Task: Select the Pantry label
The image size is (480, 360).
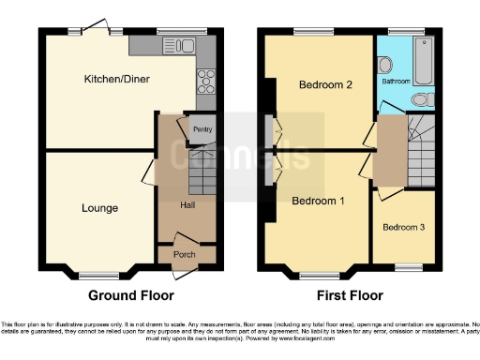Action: point(202,129)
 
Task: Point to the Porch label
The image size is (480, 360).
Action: point(186,252)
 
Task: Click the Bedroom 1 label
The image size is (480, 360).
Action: point(319,201)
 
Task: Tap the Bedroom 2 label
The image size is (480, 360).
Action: point(325,85)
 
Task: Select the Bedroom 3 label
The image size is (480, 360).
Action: point(404,227)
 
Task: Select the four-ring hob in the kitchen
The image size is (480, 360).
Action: point(205,79)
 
